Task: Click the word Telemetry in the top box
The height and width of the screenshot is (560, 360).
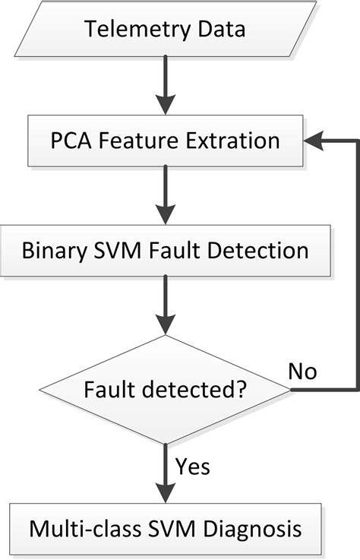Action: pyautogui.click(x=128, y=30)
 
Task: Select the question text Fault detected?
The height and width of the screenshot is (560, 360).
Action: pyautogui.click(x=164, y=391)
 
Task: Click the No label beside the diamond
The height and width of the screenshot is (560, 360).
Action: pyautogui.click(x=302, y=372)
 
